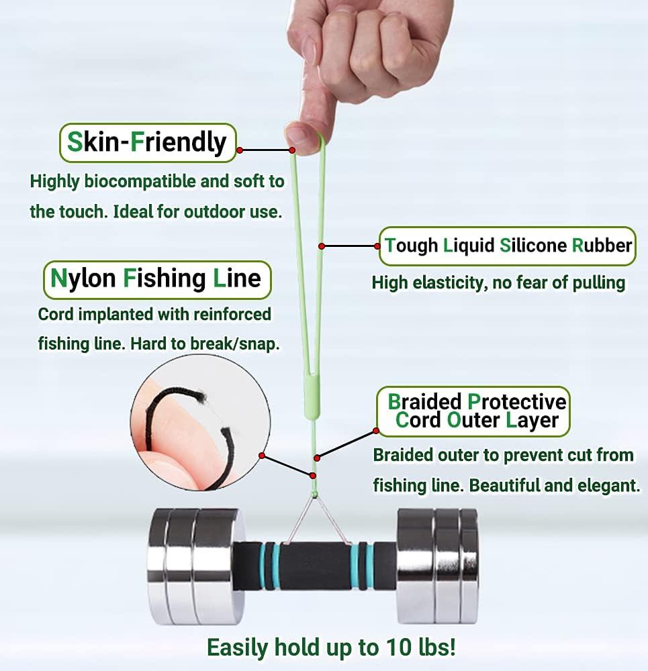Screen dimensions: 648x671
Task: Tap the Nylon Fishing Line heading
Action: [156, 278]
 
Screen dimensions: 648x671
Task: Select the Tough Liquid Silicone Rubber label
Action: [508, 246]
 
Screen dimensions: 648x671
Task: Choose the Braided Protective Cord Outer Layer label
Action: [473, 411]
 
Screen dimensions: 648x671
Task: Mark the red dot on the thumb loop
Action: [293, 150]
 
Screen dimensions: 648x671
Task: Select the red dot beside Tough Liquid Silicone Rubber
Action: [322, 246]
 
